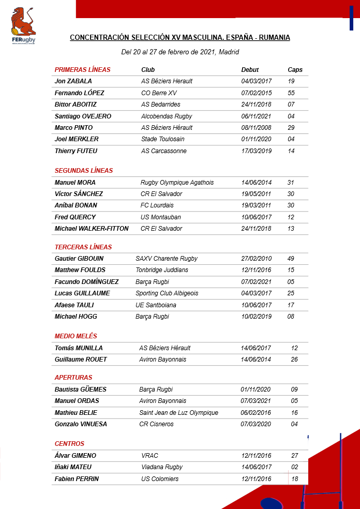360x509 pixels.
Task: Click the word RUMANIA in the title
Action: (x=274, y=38)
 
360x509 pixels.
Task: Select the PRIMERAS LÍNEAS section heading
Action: (x=82, y=70)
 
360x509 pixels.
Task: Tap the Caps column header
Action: (x=295, y=70)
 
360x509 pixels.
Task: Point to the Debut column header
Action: (x=250, y=70)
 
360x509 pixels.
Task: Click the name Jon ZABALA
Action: (x=73, y=81)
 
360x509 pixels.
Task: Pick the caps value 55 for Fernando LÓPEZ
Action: (x=291, y=93)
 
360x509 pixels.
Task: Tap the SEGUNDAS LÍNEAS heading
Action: (x=83, y=171)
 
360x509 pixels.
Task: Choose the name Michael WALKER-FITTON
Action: (x=92, y=229)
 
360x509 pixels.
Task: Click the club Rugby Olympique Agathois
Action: (x=177, y=183)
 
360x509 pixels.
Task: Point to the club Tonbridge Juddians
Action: (x=162, y=270)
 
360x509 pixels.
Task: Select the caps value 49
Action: (x=291, y=259)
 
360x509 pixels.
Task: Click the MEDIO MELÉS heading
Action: (x=76, y=336)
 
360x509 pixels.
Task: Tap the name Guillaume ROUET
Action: (x=81, y=360)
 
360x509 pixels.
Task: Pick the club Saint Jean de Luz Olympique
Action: (x=178, y=413)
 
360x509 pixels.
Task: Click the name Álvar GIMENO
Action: (x=75, y=456)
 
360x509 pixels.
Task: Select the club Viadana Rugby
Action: (x=162, y=467)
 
